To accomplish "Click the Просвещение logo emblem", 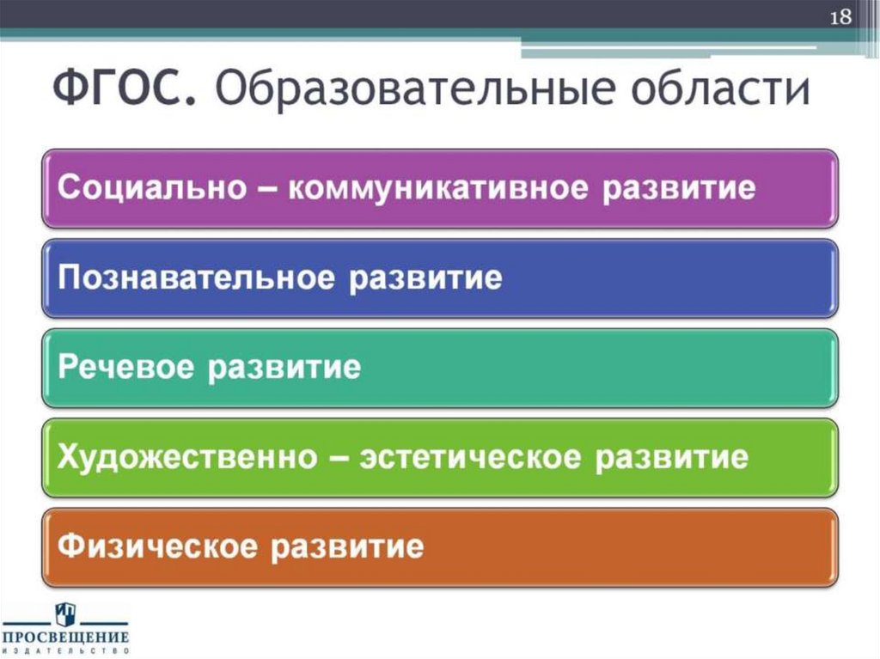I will point(65,614).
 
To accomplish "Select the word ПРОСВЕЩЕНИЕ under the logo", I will point(65,638).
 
